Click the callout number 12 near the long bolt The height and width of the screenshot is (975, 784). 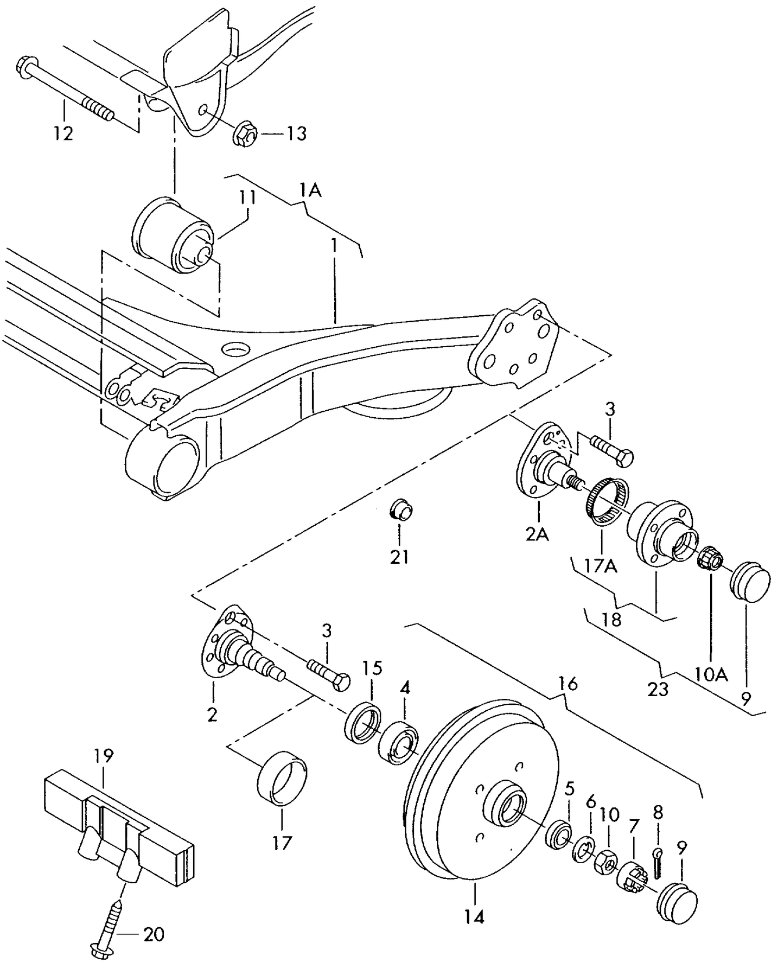pyautogui.click(x=63, y=133)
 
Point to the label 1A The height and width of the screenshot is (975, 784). pyautogui.click(x=310, y=190)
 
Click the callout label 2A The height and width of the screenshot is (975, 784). pyautogui.click(x=537, y=534)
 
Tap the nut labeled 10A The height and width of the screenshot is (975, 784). pyautogui.click(x=709, y=559)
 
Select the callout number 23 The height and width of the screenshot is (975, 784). pyautogui.click(x=658, y=690)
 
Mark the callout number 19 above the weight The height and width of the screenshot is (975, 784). pyautogui.click(x=104, y=755)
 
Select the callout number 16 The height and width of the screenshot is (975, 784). pyautogui.click(x=568, y=684)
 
